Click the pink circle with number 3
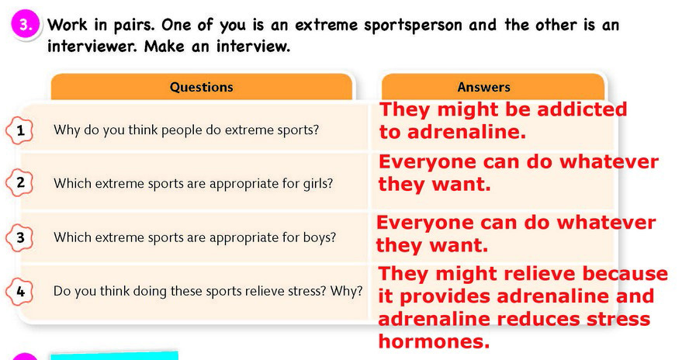26,26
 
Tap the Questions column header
202,87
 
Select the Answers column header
484,87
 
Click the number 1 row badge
19,130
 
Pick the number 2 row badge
19,183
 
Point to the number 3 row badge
19,237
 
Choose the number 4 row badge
19,291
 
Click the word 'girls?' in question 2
317,183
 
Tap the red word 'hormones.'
434,341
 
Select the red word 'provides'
446,296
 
